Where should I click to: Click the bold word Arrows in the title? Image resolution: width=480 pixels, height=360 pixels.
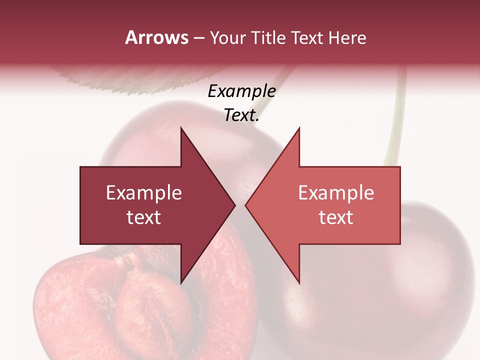pos(156,37)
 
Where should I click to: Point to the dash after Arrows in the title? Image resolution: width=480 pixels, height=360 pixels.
pos(198,38)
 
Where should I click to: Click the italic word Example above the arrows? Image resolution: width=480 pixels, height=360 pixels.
pos(241,91)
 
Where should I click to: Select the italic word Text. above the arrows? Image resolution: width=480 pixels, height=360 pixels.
pos(241,115)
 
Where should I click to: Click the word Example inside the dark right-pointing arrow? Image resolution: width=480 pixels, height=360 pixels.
pos(144,192)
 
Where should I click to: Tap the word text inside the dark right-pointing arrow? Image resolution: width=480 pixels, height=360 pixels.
pos(144,217)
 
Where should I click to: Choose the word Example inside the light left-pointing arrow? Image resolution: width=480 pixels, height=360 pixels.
pos(336,192)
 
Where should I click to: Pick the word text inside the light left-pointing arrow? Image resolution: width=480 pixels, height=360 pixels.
pos(336,217)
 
